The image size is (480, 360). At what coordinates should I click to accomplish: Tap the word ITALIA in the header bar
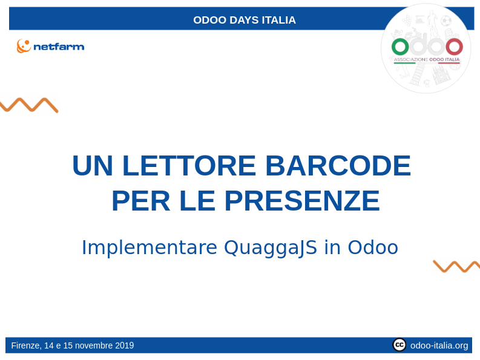pos(279,20)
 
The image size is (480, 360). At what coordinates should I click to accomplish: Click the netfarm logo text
pos(59,47)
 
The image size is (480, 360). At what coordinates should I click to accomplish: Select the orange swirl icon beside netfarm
pos(24,46)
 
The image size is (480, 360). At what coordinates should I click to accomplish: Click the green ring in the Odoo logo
pos(400,47)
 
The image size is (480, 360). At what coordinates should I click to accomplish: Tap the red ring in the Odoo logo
pos(454,47)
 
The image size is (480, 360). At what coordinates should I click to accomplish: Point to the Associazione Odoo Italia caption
pos(427,60)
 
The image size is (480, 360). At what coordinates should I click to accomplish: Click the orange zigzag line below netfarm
pos(28,105)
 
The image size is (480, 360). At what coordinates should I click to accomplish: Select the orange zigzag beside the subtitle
pos(456,266)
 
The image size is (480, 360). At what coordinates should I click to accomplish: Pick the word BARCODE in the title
pos(338,166)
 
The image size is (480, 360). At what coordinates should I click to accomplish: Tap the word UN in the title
pos(93,166)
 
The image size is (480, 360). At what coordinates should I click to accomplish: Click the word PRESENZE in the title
pos(302,201)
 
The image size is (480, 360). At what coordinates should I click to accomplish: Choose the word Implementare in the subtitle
pos(150,247)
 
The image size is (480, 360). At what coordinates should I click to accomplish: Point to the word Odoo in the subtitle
pos(373,247)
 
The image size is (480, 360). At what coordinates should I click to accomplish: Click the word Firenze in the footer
pos(25,345)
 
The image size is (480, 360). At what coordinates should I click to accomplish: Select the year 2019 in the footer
pos(123,345)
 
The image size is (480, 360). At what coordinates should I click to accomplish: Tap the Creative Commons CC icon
pos(399,345)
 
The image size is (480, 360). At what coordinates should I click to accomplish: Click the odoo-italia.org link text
pos(439,345)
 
